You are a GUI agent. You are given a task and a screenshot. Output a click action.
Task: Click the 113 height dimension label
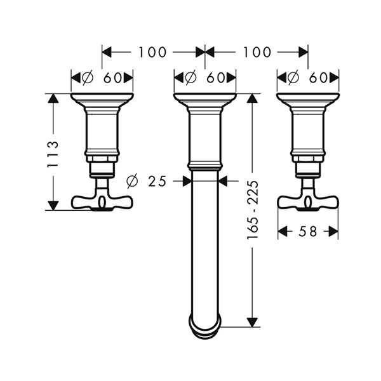tap(53, 154)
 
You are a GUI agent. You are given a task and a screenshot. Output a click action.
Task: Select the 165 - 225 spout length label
tap(252, 210)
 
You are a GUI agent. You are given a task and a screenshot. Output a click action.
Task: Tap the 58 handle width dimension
tap(307, 231)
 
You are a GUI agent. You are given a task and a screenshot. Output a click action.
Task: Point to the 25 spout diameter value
tap(157, 181)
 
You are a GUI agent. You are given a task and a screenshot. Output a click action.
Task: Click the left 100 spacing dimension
tap(152, 52)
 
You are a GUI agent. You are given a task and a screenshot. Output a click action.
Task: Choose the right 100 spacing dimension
tap(257, 52)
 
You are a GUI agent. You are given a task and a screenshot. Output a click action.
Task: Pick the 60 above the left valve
tap(112, 78)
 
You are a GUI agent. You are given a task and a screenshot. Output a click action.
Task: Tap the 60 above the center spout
tap(215, 78)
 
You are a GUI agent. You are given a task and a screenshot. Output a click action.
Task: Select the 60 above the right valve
tap(318, 78)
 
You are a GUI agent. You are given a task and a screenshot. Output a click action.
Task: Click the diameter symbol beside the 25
tap(132, 181)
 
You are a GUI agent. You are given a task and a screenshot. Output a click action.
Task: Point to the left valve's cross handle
tap(102, 202)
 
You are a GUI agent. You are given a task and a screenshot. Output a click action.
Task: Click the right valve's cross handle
tap(308, 202)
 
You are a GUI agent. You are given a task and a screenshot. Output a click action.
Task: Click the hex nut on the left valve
tap(102, 159)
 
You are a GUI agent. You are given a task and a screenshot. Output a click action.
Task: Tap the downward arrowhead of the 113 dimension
tap(53, 206)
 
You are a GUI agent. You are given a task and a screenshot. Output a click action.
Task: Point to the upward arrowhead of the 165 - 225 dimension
tap(252, 98)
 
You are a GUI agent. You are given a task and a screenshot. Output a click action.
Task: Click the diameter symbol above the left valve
tap(88, 78)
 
